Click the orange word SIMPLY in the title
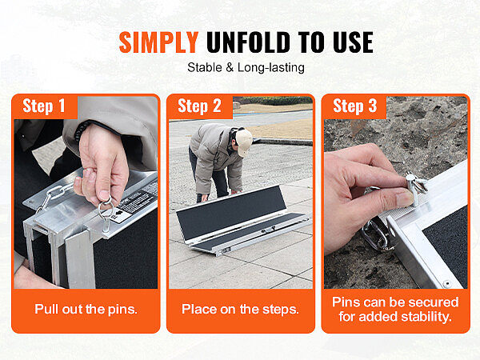point(158,42)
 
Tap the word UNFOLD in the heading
point(248,42)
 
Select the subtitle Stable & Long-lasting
point(246,68)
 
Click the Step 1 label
point(44,106)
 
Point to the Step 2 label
point(199,106)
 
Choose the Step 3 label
point(354,106)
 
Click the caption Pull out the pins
point(86,309)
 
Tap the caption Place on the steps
point(240,309)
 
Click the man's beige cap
point(244,141)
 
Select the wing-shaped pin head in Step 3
point(417,183)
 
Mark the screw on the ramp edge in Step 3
point(447,284)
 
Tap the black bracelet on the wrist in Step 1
point(80,131)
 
